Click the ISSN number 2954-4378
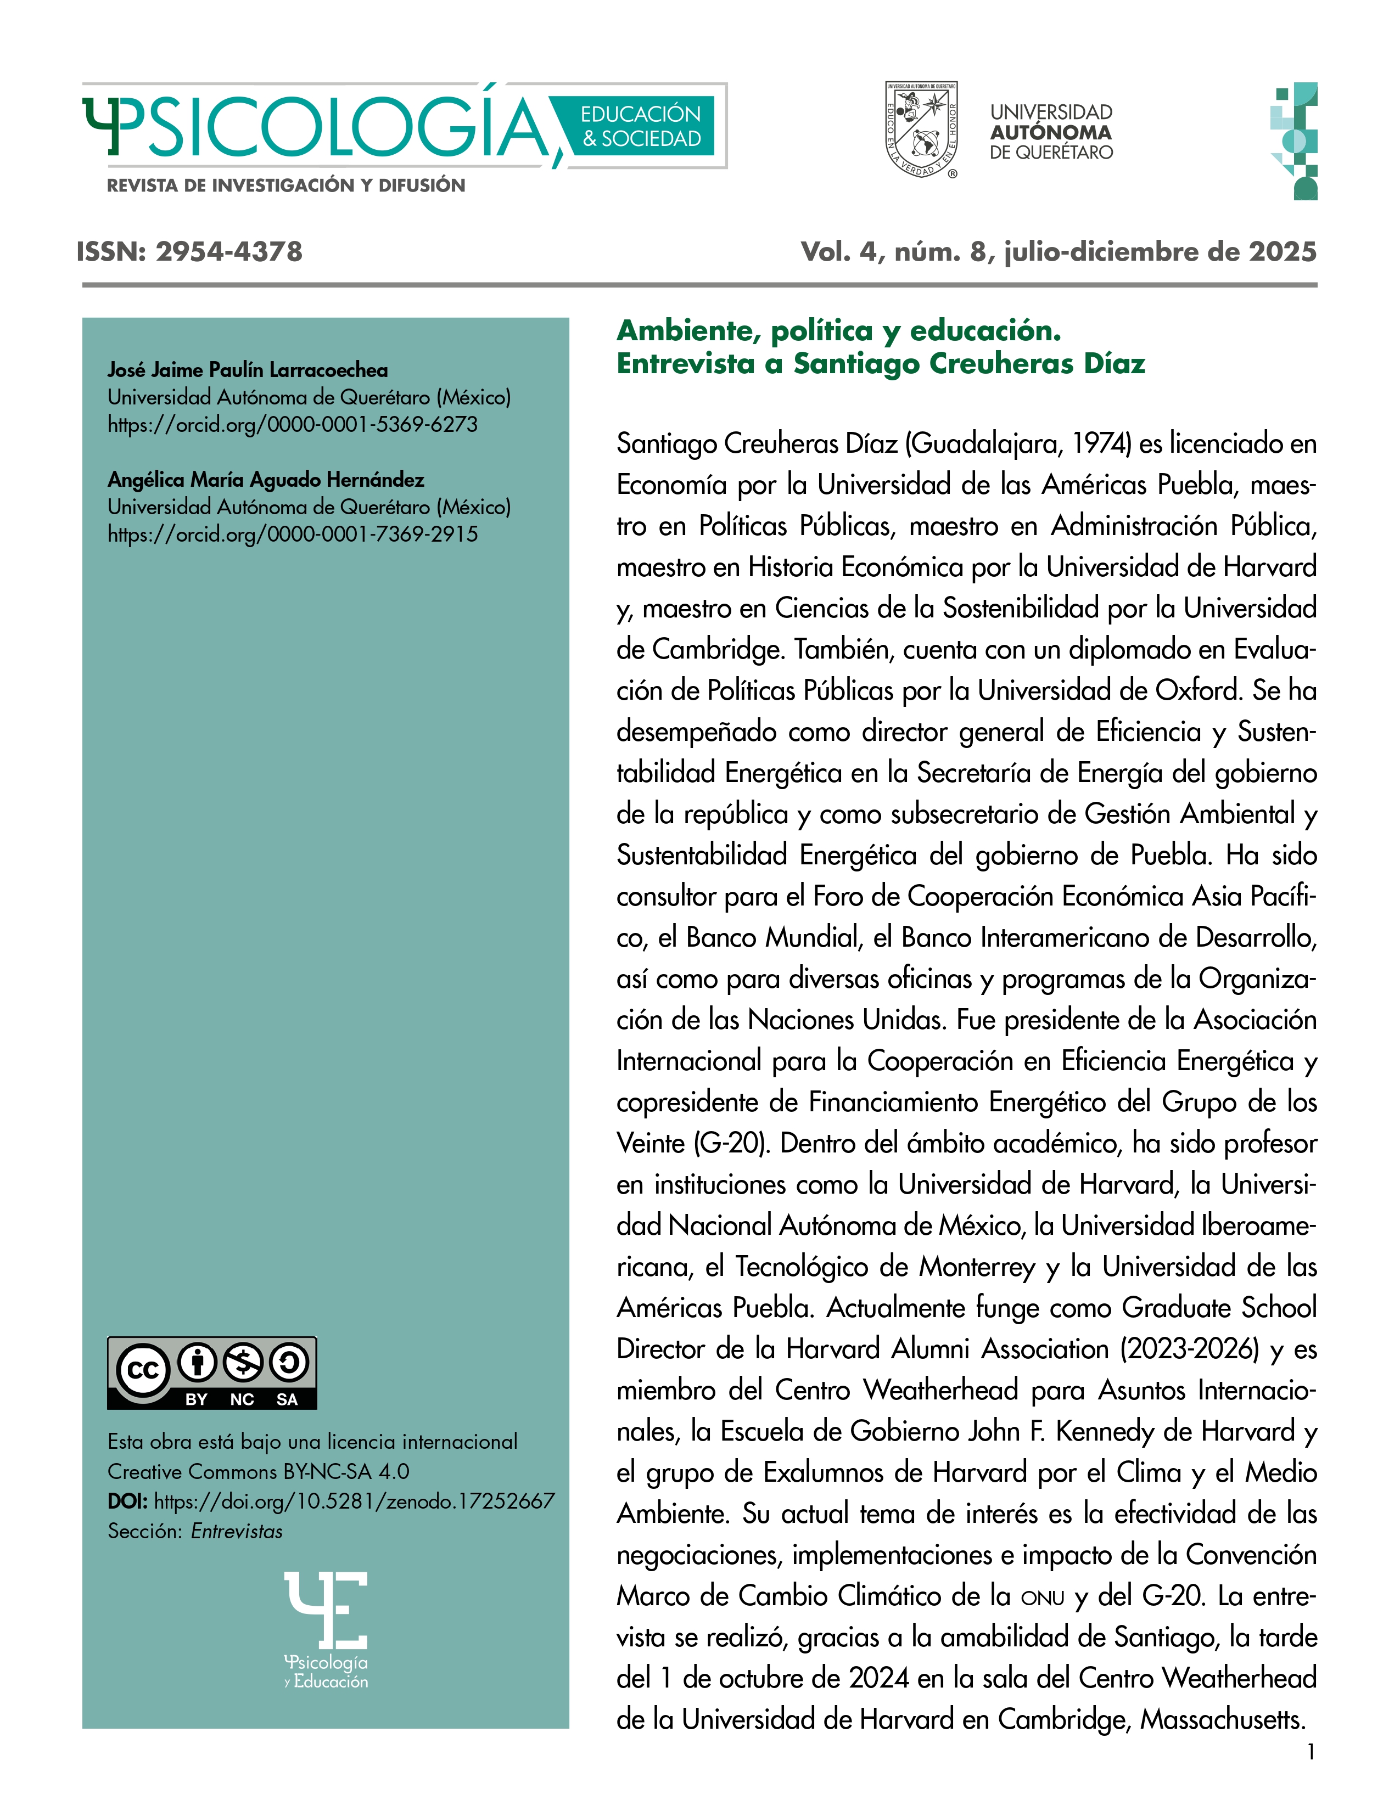pyautogui.click(x=229, y=251)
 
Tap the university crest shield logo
pyautogui.click(x=921, y=130)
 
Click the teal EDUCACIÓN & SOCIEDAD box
pyautogui.click(x=640, y=126)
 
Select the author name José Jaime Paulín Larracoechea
pyautogui.click(x=247, y=370)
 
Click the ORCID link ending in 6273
pyautogui.click(x=292, y=425)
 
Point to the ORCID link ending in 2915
pyautogui.click(x=292, y=534)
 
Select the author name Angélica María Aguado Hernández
pyautogui.click(x=265, y=479)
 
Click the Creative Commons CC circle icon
pyautogui.click(x=143, y=1370)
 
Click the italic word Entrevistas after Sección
pyautogui.click(x=237, y=1532)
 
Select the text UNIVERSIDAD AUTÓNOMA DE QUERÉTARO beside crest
pyautogui.click(x=1051, y=132)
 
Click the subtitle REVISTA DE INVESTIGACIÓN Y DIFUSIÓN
pyautogui.click(x=286, y=185)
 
